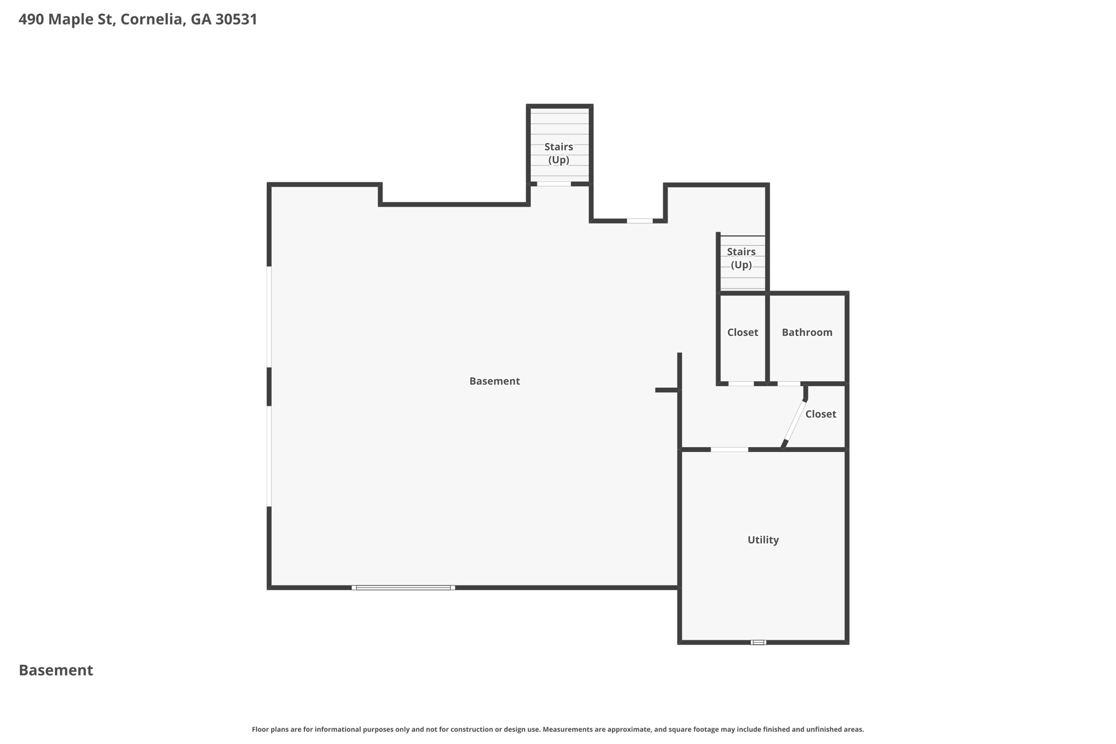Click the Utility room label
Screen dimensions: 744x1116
point(763,540)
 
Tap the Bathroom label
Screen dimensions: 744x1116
point(807,332)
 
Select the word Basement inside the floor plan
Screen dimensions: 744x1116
point(494,381)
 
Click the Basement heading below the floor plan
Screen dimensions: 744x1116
point(56,670)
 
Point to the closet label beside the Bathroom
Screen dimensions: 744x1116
point(742,332)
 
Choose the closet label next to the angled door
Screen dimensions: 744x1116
point(820,414)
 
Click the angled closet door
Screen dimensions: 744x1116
point(794,424)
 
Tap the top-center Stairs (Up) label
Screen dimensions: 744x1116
point(559,153)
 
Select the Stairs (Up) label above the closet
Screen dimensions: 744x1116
point(741,258)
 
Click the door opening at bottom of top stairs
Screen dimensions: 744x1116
point(554,184)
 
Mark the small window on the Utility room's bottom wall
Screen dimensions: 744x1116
point(758,642)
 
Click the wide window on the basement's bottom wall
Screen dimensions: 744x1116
point(403,588)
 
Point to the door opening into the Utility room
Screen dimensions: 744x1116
point(729,449)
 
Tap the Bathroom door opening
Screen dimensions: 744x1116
point(789,384)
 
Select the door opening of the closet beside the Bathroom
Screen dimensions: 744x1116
point(741,384)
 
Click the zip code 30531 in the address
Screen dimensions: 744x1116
point(236,20)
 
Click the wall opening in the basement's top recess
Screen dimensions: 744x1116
point(639,221)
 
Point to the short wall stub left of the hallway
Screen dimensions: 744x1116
point(666,390)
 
